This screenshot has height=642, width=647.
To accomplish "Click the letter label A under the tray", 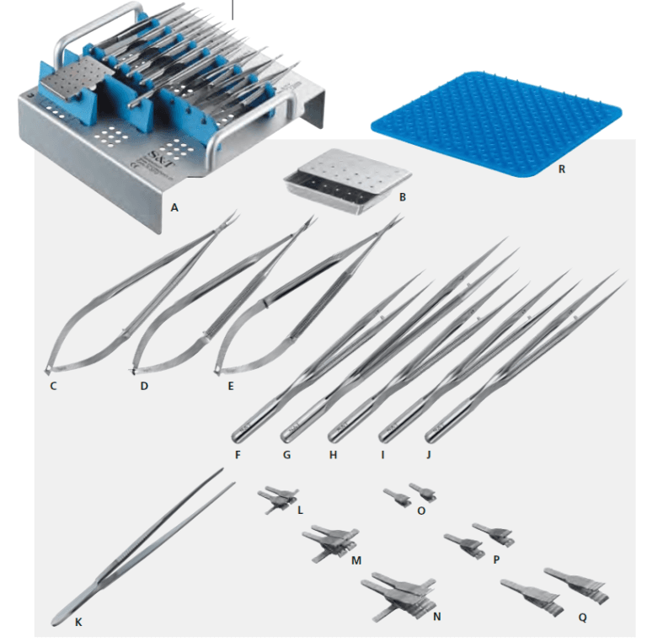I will click(174, 205).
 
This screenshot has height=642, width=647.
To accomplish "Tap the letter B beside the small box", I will click(403, 197).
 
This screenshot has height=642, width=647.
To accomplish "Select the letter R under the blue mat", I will click(561, 169).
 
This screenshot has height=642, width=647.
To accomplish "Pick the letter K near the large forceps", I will click(78, 623).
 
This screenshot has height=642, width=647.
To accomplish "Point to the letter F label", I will click(238, 455).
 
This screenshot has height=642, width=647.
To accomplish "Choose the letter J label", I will click(430, 455).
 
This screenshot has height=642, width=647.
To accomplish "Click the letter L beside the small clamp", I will click(299, 510).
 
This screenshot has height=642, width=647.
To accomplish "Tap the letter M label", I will click(356, 559).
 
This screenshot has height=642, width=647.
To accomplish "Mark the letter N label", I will click(436, 616).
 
